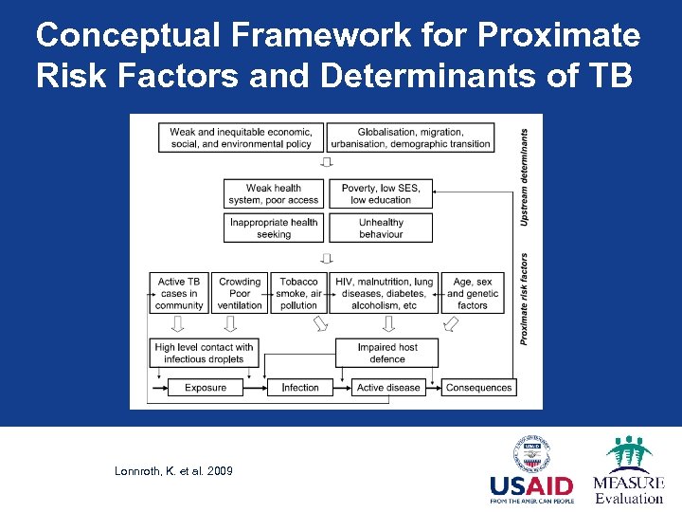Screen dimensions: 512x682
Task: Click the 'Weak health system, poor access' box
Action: pos(274,193)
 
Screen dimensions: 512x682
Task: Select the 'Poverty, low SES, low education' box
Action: pos(381,193)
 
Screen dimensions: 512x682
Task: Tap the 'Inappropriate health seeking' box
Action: pos(274,229)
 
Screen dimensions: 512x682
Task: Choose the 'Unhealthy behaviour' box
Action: pos(381,229)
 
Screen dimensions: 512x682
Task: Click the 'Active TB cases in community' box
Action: pos(179,293)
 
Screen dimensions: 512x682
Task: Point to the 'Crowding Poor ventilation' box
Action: pos(240,293)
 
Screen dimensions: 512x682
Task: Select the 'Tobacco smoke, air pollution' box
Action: pos(299,293)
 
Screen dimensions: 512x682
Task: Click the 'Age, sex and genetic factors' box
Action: pos(473,293)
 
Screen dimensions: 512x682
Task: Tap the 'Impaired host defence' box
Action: pos(387,353)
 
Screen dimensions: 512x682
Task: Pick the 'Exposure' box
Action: pos(206,387)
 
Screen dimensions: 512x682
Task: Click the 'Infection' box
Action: pos(300,387)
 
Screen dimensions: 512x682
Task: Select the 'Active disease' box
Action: pos(388,387)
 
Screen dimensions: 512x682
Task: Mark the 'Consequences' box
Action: pos(478,387)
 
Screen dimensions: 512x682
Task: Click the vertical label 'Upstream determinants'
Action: pos(525,177)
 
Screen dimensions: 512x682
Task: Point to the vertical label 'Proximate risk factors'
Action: pos(525,298)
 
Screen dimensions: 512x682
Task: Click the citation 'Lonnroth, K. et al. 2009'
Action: pos(173,471)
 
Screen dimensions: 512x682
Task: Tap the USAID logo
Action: pos(531,474)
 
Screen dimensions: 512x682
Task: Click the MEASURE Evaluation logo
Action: pos(628,470)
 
